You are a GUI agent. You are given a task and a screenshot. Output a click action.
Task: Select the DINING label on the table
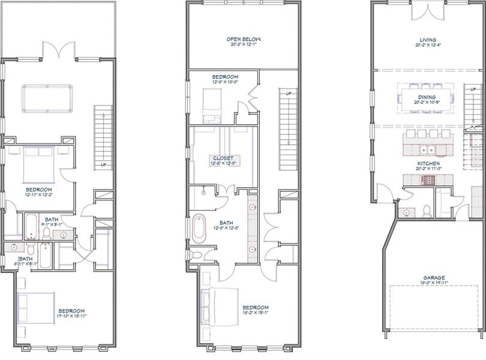click(x=428, y=97)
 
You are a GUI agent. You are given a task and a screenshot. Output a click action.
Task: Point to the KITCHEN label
click(x=428, y=163)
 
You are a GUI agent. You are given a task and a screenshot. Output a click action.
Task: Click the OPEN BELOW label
click(x=243, y=40)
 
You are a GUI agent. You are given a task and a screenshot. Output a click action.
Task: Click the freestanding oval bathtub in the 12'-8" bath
click(x=199, y=229)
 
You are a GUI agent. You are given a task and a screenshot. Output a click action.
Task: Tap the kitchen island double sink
click(x=427, y=149)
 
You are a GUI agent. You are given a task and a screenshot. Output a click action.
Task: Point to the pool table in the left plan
click(x=46, y=98)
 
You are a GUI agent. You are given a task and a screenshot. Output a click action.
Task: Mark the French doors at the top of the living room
click(x=428, y=12)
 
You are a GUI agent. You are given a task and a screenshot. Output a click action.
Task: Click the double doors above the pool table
click(x=58, y=51)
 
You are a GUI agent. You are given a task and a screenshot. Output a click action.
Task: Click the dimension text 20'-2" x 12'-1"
click(x=243, y=45)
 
